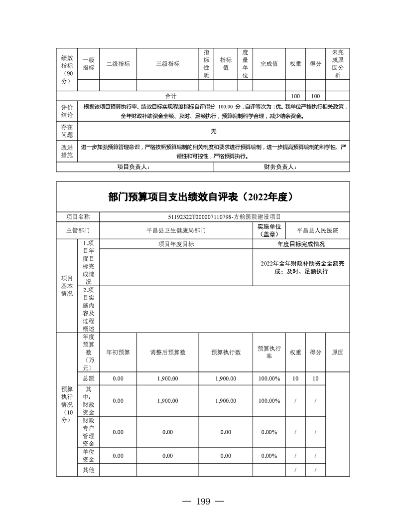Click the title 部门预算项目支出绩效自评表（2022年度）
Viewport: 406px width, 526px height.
pos(203,196)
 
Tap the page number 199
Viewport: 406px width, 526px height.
pos(203,502)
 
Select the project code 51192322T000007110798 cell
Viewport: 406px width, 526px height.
pos(225,217)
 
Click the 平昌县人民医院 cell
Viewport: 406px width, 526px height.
pos(317,230)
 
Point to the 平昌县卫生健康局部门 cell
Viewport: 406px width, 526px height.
pos(176,230)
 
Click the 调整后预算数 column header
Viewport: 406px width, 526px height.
pos(167,352)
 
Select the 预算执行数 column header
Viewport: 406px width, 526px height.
pos(226,352)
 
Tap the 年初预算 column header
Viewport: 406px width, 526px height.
pos(118,352)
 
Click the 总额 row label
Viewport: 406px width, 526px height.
pos(88,379)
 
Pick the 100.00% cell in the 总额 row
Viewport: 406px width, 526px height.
pos(269,379)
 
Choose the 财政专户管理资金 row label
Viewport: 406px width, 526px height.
pos(88,432)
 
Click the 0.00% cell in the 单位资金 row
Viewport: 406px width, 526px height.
pos(269,456)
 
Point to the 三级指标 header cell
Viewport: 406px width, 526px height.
pos(168,64)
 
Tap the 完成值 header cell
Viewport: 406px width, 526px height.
pos(269,64)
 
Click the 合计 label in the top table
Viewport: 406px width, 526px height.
pos(171,96)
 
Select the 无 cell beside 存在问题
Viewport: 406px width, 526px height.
pos(214,131)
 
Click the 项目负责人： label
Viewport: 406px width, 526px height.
pos(133,167)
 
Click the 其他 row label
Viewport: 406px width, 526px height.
pos(88,470)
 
